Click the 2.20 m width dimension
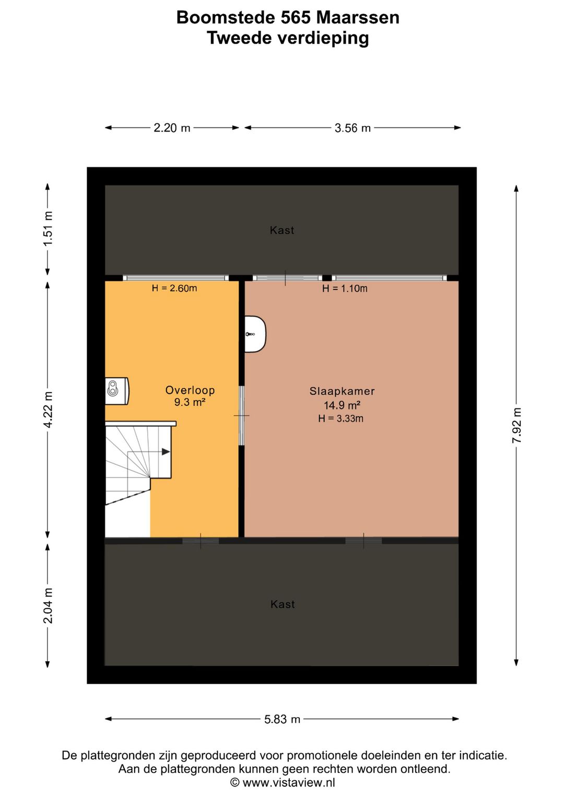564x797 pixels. tap(172, 128)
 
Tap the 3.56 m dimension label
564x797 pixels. tap(352, 128)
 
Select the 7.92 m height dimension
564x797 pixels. tap(516, 425)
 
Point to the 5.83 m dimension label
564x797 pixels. tap(282, 719)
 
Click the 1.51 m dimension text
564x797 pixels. tap(48, 228)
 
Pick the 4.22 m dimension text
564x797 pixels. tap(48, 409)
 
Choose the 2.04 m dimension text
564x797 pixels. tap(48, 605)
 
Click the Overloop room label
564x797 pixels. tap(190, 390)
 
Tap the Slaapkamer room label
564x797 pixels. tap(342, 391)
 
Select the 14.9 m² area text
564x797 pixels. tap(342, 405)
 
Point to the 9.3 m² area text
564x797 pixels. tap(190, 402)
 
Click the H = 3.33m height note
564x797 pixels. tap(341, 418)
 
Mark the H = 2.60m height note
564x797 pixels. tap(174, 288)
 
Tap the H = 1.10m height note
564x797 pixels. tap(345, 288)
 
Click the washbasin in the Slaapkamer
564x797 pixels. tap(255, 334)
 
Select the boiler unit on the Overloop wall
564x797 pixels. tap(116, 391)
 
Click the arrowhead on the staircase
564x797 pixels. tap(166, 452)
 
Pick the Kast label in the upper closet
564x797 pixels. tap(282, 230)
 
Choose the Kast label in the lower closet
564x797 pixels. tap(283, 604)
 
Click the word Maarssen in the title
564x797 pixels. tap(358, 17)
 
